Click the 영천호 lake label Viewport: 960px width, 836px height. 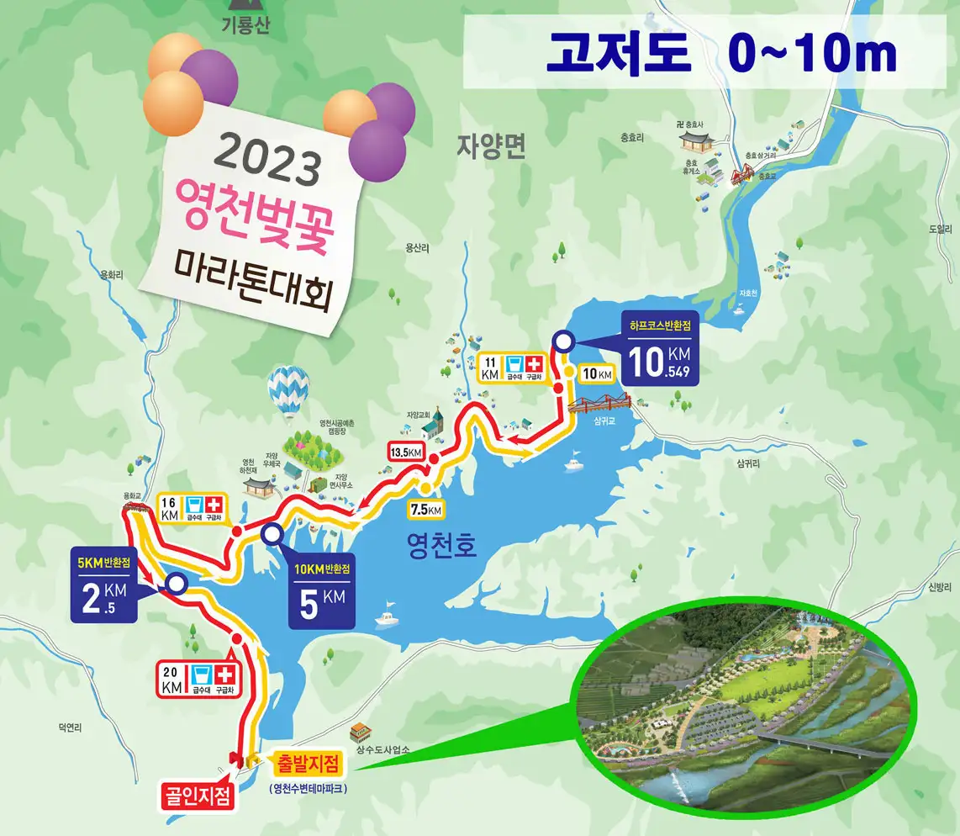click(x=440, y=548)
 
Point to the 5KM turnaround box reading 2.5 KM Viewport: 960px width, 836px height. click(x=105, y=586)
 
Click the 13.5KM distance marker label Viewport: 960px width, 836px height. click(x=404, y=452)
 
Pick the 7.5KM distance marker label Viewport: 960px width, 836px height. click(x=425, y=509)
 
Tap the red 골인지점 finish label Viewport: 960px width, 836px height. click(x=198, y=796)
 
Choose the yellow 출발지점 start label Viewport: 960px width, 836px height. click(x=307, y=765)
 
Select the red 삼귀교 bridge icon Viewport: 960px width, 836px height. click(x=599, y=402)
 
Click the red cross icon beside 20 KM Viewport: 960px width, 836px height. click(x=224, y=675)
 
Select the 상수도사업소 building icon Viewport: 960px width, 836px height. click(x=360, y=732)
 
